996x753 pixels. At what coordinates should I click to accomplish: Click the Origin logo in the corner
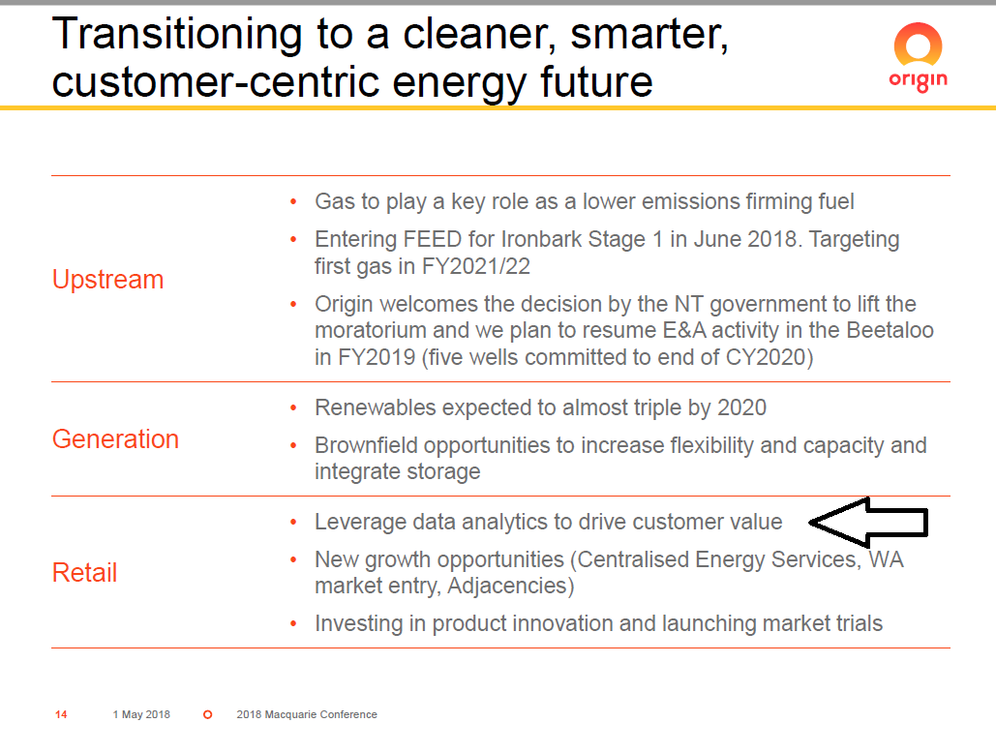pos(918,57)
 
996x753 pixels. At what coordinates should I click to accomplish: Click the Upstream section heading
pos(108,280)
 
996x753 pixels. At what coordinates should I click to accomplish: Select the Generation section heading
pos(115,439)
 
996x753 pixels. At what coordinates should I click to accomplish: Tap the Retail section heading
pos(84,573)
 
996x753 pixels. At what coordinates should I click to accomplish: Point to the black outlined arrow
pos(868,523)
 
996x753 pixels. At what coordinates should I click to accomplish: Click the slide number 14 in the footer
pos(61,715)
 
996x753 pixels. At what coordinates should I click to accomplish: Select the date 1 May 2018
pos(141,715)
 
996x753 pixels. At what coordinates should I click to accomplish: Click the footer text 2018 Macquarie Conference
pos(307,715)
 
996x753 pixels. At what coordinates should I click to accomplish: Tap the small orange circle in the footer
pos(208,715)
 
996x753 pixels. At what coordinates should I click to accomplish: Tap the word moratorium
pos(371,331)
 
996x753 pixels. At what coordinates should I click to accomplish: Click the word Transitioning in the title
pos(177,35)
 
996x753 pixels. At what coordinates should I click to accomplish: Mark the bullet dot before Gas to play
pos(293,202)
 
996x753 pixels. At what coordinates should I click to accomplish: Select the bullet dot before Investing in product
pos(293,624)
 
